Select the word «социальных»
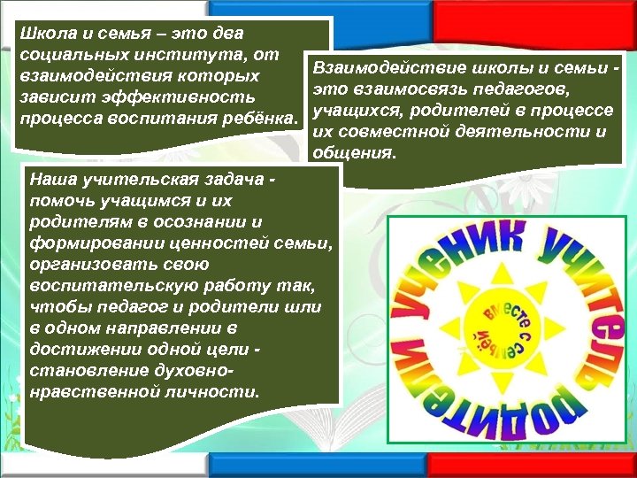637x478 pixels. click(x=64, y=56)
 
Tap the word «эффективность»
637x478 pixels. click(x=172, y=96)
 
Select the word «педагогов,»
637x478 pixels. click(x=529, y=89)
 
